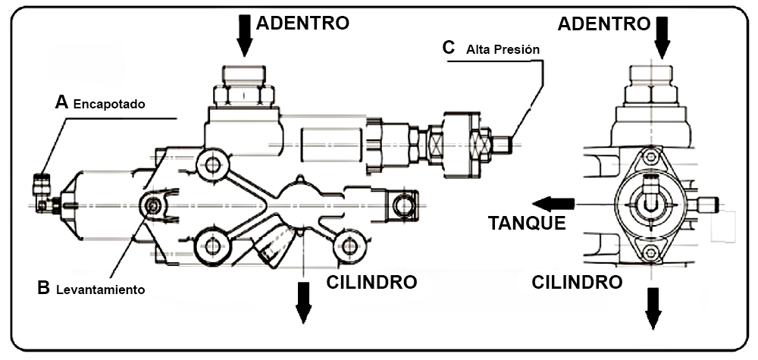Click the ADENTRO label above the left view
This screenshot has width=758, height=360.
[302, 23]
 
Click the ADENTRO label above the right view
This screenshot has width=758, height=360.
[603, 24]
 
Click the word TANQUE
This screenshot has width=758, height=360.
[527, 223]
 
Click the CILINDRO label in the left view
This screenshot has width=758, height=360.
[371, 283]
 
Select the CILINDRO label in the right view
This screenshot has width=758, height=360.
[577, 283]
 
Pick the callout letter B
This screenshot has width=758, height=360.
[43, 287]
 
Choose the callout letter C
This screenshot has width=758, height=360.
[449, 47]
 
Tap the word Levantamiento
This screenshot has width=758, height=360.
[100, 290]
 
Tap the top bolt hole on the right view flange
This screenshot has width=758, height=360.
[649, 158]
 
